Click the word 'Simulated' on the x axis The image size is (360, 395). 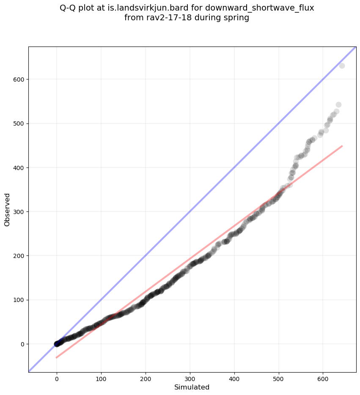[x=192, y=387]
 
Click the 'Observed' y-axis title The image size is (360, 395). [x=7, y=210]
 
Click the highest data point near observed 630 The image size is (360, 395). [x=342, y=66]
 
